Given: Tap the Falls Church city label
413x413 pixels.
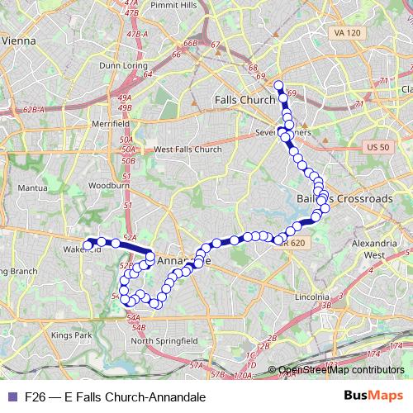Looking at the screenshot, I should pyautogui.click(x=244, y=99).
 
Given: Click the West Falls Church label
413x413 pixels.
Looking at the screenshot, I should pyautogui.click(x=188, y=150).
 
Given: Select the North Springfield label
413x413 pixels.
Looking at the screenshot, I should pyautogui.click(x=164, y=340).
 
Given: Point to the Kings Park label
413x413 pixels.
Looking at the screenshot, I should pyautogui.click(x=72, y=335).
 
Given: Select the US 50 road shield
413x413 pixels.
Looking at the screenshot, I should pyautogui.click(x=375, y=146).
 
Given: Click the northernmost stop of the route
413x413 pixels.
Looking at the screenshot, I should pyautogui.click(x=278, y=84).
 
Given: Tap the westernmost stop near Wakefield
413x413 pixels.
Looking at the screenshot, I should pyautogui.click(x=88, y=244).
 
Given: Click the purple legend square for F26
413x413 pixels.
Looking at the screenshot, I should pyautogui.click(x=12, y=396).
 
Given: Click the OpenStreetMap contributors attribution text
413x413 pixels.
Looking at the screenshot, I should pyautogui.click(x=340, y=370).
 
